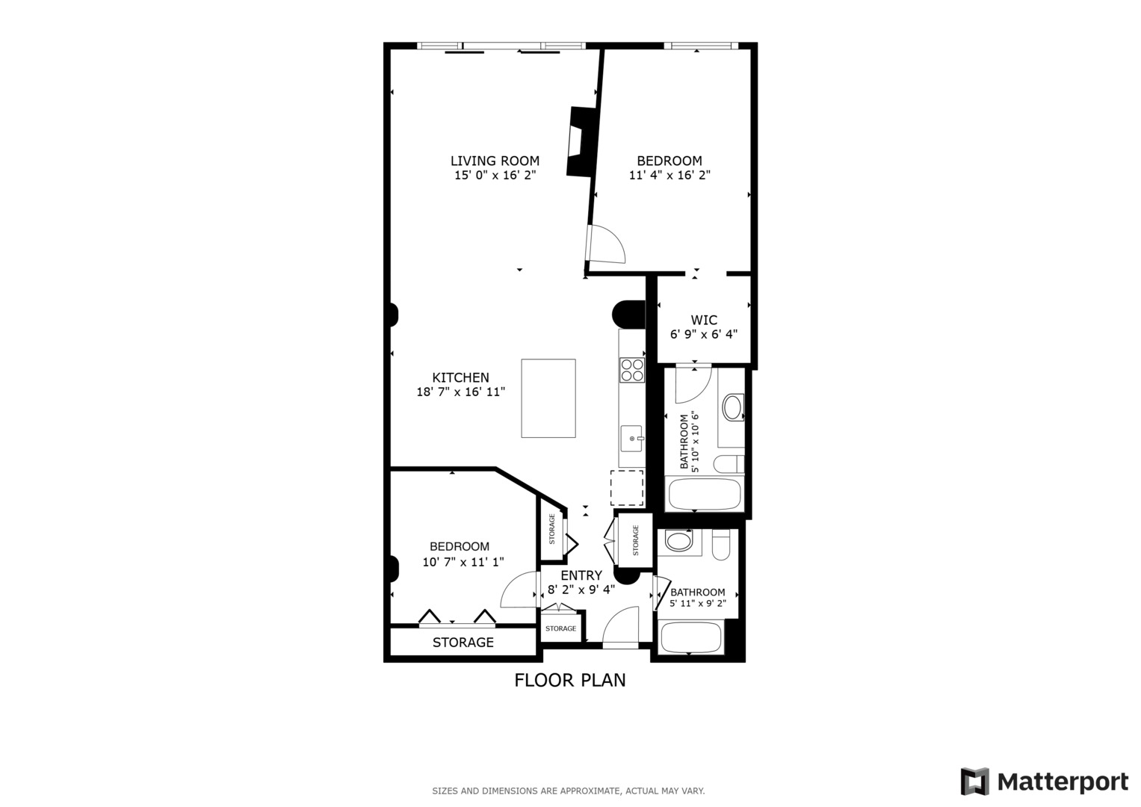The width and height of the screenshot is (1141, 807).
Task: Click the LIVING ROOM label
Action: click(495, 161)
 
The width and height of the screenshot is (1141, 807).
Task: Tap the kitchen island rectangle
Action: click(548, 398)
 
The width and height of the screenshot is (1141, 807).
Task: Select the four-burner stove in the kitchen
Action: click(632, 370)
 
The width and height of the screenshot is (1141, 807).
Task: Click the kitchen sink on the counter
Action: click(631, 438)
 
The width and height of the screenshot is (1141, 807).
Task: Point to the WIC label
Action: click(704, 320)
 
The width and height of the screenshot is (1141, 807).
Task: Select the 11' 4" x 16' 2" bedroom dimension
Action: click(670, 176)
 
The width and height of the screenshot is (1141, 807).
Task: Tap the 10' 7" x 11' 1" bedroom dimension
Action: click(463, 563)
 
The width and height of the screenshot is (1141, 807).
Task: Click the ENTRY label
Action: click(581, 575)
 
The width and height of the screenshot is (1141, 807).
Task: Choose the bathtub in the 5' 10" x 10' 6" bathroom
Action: click(704, 494)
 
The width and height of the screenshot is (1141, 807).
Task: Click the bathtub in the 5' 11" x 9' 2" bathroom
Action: click(692, 637)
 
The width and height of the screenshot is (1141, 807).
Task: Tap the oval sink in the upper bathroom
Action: click(732, 407)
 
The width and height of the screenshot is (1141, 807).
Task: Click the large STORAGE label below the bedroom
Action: click(463, 643)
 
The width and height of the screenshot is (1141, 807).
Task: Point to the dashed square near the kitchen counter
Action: click(627, 488)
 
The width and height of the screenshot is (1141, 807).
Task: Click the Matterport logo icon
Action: click(974, 782)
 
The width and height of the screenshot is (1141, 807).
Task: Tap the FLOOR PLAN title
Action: click(570, 680)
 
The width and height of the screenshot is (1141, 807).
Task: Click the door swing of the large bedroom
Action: click(606, 245)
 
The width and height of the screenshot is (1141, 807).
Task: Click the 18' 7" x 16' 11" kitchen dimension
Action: click(461, 392)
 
